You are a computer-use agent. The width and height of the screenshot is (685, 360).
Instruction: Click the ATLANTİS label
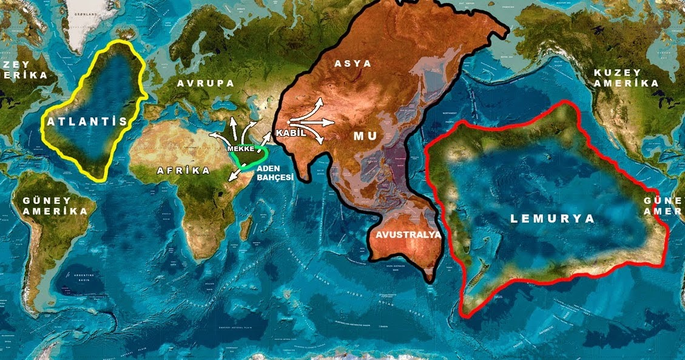87,121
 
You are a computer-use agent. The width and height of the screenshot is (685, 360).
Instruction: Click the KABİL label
290,132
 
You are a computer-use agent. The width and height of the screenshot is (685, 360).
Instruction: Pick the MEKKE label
240,148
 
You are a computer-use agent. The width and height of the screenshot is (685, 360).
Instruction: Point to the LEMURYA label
552,219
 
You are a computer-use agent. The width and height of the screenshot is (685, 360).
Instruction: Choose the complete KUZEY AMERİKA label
626,78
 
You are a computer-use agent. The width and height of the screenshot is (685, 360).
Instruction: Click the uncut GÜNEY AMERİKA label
55,206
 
